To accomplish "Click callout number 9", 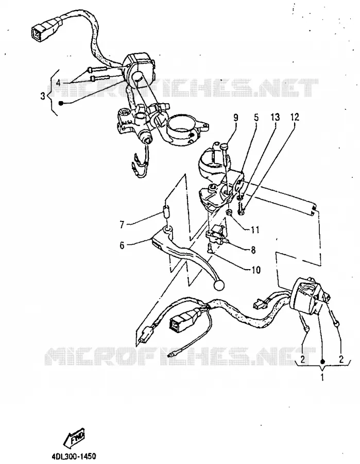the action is click(235, 118).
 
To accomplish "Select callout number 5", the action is click(256, 117).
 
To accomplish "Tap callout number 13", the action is click(275, 117).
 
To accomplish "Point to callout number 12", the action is click(295, 117).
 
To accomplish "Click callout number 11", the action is click(255, 229).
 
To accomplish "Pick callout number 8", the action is click(253, 250).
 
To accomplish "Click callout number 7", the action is click(122, 225).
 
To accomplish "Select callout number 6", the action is click(122, 245).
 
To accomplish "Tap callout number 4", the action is click(58, 83).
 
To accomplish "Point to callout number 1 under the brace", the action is click(322, 377).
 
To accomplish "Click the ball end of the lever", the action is click(219, 286).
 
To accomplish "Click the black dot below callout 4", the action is click(61, 103).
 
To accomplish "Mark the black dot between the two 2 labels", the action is click(322, 361).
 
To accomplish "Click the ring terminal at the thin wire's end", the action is click(170, 355).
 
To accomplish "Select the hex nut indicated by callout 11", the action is click(229, 212).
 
